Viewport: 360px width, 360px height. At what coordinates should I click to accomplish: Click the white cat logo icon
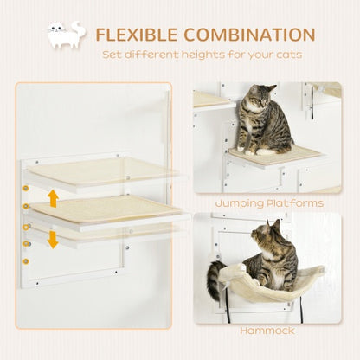coord(67,35)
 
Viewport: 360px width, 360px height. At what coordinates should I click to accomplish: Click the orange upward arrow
coord(53,199)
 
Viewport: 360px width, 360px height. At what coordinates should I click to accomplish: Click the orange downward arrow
coord(53,238)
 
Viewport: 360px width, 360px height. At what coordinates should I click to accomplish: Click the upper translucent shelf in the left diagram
coord(104,170)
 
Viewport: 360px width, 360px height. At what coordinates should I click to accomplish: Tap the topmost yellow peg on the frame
coord(27,187)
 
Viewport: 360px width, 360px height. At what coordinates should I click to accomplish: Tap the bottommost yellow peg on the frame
coord(27,260)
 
